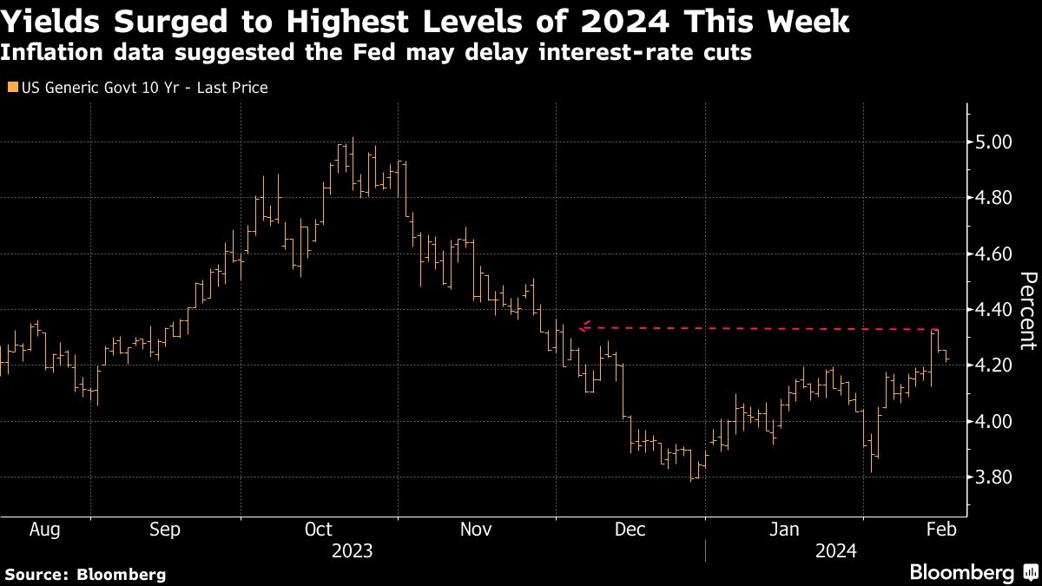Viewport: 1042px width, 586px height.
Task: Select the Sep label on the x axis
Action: pos(164,530)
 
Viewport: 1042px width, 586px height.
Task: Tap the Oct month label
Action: pos(319,530)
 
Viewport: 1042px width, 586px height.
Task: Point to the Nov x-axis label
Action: pos(475,530)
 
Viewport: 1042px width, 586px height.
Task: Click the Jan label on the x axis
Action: pos(784,530)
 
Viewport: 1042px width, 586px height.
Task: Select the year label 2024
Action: pos(835,551)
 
